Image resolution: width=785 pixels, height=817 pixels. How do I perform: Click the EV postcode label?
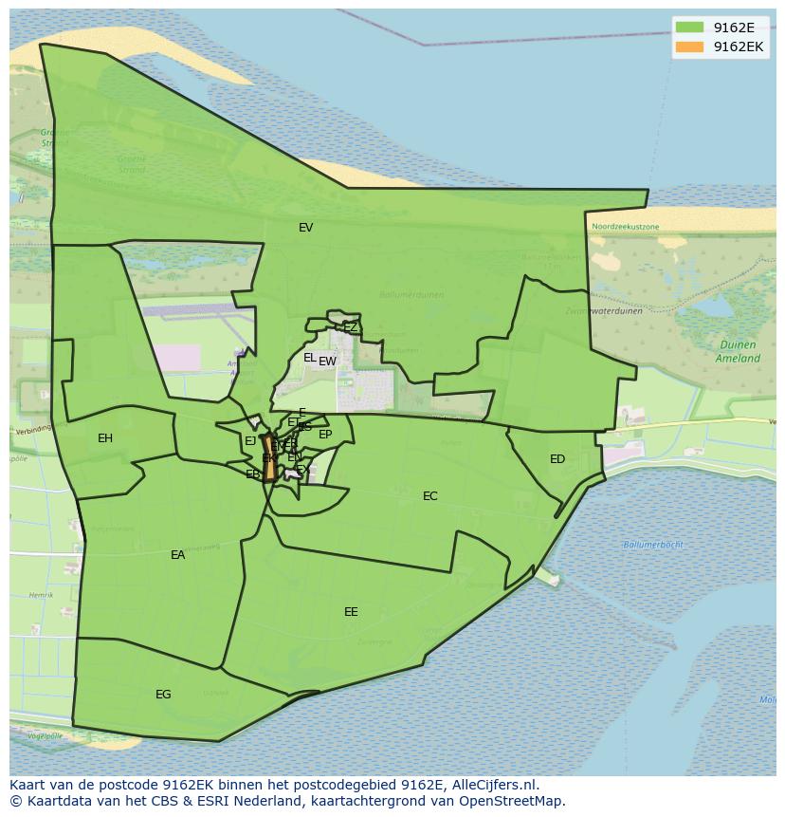[x=305, y=228]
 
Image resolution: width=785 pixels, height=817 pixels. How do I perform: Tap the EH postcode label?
[x=105, y=438]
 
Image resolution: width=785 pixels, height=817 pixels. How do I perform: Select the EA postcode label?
[x=178, y=555]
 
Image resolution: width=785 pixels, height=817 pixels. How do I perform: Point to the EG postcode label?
[x=163, y=695]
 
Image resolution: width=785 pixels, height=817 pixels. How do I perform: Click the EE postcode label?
[x=351, y=612]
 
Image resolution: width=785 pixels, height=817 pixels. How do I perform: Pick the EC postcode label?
[x=430, y=496]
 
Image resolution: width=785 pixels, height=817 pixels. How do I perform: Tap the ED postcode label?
[x=557, y=459]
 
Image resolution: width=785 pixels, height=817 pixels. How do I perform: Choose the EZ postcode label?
[x=351, y=327]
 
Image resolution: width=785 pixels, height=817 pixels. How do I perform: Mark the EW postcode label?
[x=328, y=362]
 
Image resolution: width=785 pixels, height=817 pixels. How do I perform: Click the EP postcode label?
[x=325, y=435]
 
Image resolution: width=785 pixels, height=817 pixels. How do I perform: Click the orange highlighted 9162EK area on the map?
[x=270, y=466]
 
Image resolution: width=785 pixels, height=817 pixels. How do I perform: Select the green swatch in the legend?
[x=689, y=28]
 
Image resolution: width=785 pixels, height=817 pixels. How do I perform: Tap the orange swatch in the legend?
[x=689, y=46]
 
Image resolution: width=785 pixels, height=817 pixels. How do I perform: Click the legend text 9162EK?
[x=739, y=46]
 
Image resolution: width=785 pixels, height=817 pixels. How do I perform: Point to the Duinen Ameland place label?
[x=738, y=352]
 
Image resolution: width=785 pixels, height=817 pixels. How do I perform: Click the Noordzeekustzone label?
[x=625, y=227]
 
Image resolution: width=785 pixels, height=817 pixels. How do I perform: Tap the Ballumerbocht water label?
[x=653, y=545]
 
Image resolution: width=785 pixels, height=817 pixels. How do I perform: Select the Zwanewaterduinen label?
[x=604, y=310]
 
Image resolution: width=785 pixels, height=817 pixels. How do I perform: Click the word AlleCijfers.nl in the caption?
[x=494, y=785]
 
